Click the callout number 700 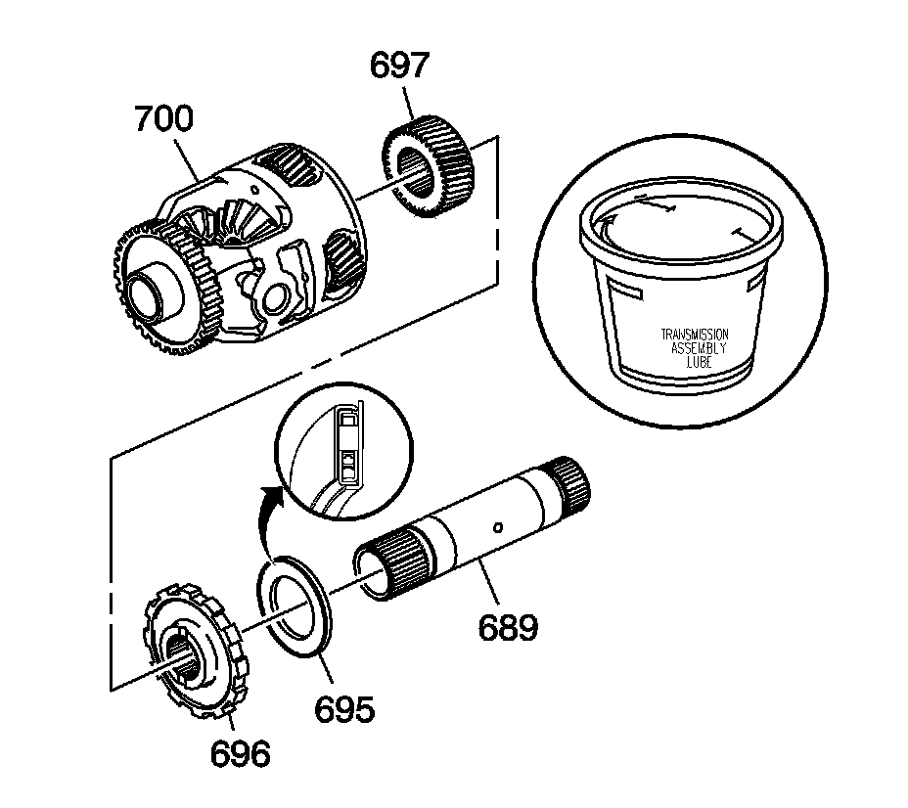tap(164, 120)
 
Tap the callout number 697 tap(399, 67)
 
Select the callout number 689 tap(508, 625)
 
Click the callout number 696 tap(240, 754)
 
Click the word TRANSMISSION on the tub tap(695, 334)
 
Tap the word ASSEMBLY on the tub tap(699, 347)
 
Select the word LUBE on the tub tap(699, 361)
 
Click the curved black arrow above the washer tap(269, 517)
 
